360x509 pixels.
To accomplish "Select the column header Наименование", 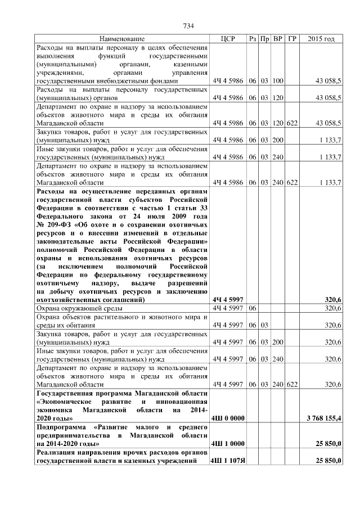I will (x=122, y=39).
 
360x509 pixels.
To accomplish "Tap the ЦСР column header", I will (x=228, y=39).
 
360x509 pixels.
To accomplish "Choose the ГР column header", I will (x=291, y=39).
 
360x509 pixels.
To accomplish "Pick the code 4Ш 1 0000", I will (x=227, y=444).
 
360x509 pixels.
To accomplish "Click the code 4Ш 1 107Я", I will (x=227, y=461).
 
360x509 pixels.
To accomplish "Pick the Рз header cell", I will (x=253, y=39).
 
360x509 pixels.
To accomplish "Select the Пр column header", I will (x=265, y=39).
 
